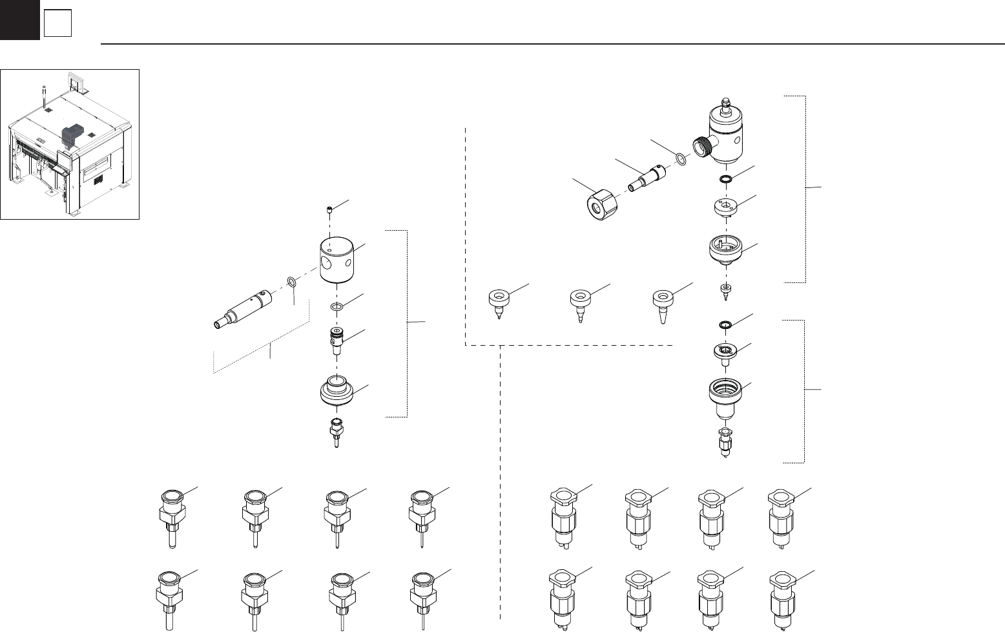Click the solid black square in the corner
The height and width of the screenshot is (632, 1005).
pyautogui.click(x=19, y=19)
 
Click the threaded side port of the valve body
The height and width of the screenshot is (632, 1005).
pyautogui.click(x=701, y=147)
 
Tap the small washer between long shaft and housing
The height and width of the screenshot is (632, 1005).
pyautogui.click(x=292, y=282)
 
